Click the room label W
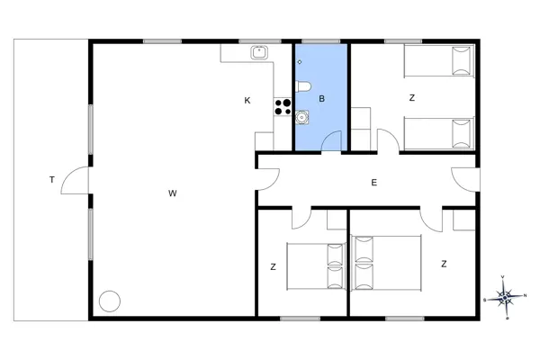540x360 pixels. pos(171,193)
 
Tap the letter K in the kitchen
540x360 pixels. pos(247,101)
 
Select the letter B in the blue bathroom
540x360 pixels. pos(321,97)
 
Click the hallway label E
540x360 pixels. pos(373,183)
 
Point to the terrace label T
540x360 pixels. pos(52,181)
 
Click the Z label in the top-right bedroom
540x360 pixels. pos(411,97)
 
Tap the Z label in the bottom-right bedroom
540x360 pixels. pos(444,264)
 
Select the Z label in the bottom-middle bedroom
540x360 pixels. pos(273,266)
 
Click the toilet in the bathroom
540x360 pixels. pos(302,86)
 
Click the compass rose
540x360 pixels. pos(506,295)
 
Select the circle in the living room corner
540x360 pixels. pos(110,301)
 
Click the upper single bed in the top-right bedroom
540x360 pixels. pos(437,62)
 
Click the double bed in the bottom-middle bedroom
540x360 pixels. pos(316,264)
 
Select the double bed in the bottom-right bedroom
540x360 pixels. pos(388,263)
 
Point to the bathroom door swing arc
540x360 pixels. pos(333,140)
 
